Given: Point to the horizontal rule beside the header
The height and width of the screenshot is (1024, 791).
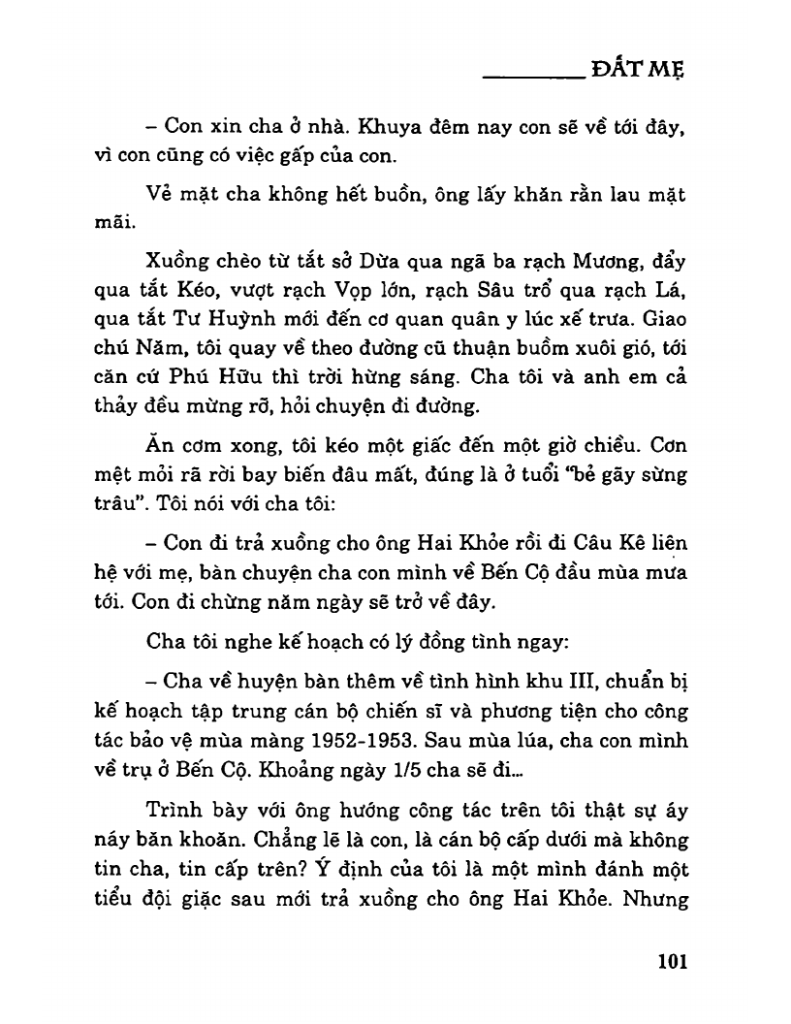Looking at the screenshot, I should [531, 76].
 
